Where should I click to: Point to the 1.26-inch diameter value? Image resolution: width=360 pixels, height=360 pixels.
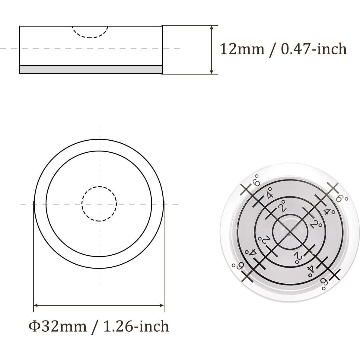(x=136, y=326)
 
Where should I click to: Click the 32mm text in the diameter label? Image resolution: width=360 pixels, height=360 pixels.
(x=63, y=326)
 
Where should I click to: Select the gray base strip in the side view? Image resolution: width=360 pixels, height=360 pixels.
(x=91, y=69)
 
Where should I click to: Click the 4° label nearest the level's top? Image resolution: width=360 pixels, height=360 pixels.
(x=269, y=193)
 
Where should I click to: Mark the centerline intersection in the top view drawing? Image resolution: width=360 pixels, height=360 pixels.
(x=99, y=205)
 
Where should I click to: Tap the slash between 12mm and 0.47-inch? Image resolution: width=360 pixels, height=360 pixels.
(x=273, y=49)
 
